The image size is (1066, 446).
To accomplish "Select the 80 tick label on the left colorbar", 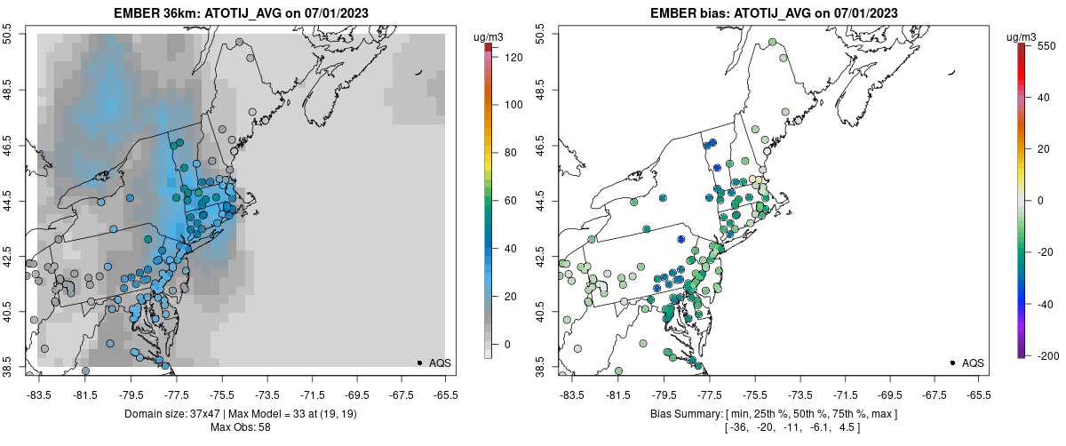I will click(x=510, y=153).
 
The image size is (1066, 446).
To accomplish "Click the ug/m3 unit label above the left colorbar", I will click(x=489, y=36).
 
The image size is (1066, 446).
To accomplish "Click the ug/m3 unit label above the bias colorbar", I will click(x=1022, y=36).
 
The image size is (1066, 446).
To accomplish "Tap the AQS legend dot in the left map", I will click(x=419, y=362).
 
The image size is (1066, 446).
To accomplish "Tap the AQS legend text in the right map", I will click(x=973, y=363).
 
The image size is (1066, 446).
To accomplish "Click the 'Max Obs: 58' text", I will click(x=240, y=427).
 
